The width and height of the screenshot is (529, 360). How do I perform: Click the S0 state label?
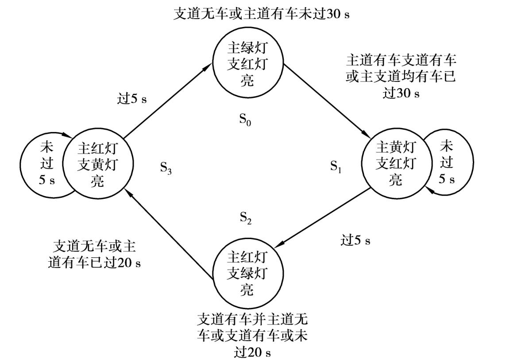(245, 119)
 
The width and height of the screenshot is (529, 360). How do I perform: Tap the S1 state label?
(336, 166)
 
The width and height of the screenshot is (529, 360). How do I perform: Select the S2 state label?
(246, 217)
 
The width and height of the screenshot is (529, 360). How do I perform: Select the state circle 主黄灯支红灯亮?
(395, 163)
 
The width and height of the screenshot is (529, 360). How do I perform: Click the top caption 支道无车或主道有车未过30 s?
(262, 14)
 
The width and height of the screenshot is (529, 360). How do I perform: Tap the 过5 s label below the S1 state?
(355, 240)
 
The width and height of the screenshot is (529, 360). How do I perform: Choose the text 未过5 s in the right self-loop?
(447, 162)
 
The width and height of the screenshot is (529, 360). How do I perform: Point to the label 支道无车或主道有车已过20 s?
(94, 254)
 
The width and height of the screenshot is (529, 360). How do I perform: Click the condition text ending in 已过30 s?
(401, 76)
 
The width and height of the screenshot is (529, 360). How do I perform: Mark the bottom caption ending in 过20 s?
(252, 335)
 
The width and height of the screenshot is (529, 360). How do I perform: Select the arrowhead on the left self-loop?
(68, 136)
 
